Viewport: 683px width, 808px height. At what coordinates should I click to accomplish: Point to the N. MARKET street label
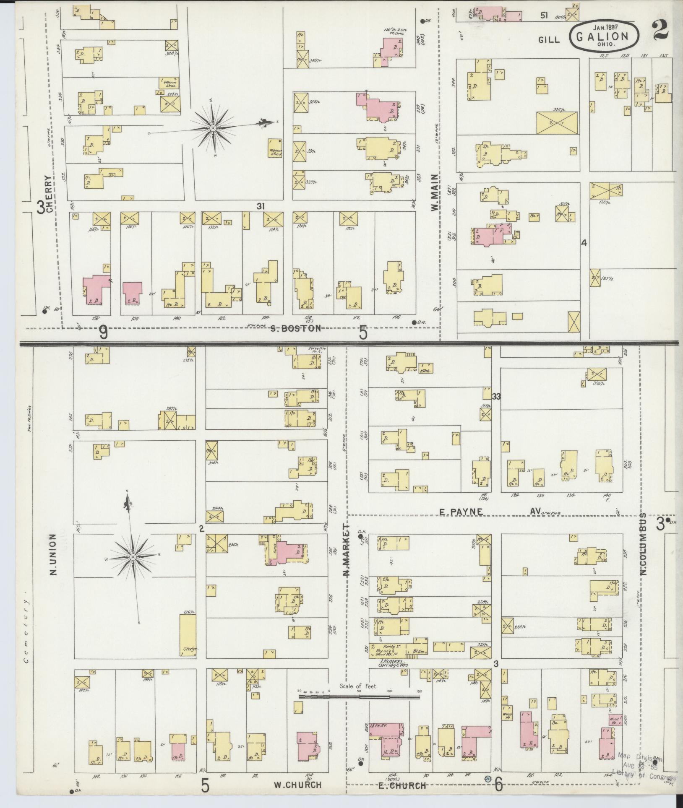click(x=347, y=551)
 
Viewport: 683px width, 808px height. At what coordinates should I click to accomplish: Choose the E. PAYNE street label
click(x=461, y=512)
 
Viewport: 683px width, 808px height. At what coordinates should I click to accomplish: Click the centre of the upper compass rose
click(x=213, y=127)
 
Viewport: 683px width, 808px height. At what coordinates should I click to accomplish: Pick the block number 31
click(x=261, y=206)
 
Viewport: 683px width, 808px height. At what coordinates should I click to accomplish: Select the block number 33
click(x=497, y=396)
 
